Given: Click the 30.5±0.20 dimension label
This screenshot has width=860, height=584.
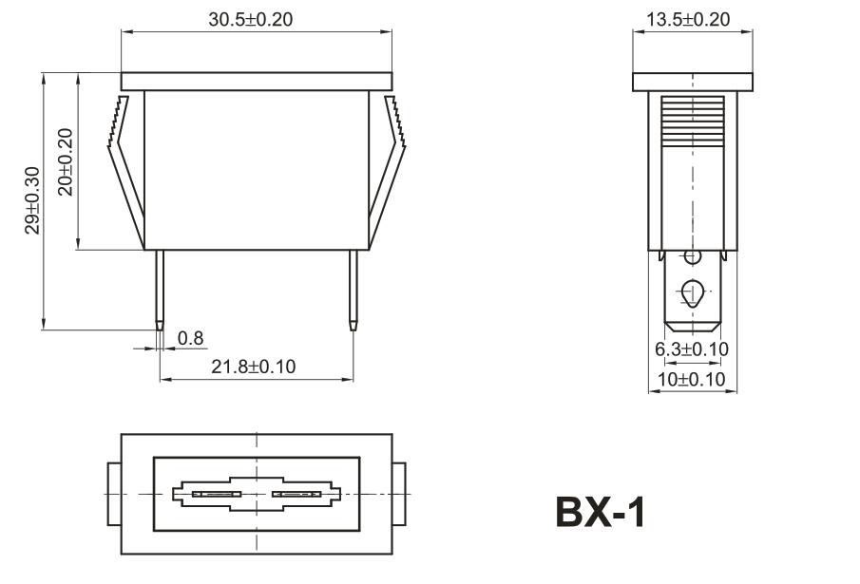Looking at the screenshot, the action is point(250,19).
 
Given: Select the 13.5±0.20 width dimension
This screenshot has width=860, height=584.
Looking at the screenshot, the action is point(688,19).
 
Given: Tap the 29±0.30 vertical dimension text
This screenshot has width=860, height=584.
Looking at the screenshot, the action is point(32,200).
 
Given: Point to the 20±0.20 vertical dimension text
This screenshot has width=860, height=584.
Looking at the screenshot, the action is point(66,162).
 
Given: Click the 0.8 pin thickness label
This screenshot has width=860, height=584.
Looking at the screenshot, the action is point(190,338).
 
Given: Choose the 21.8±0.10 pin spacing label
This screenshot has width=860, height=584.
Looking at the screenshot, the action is point(254,366).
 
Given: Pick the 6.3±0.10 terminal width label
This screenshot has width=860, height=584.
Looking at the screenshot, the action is point(692,349).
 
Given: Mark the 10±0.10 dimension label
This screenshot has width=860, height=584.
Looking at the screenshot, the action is point(691,379).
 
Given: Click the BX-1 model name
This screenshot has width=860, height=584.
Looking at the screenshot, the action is point(601,512).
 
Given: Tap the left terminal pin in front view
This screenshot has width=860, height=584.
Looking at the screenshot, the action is point(160,291).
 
